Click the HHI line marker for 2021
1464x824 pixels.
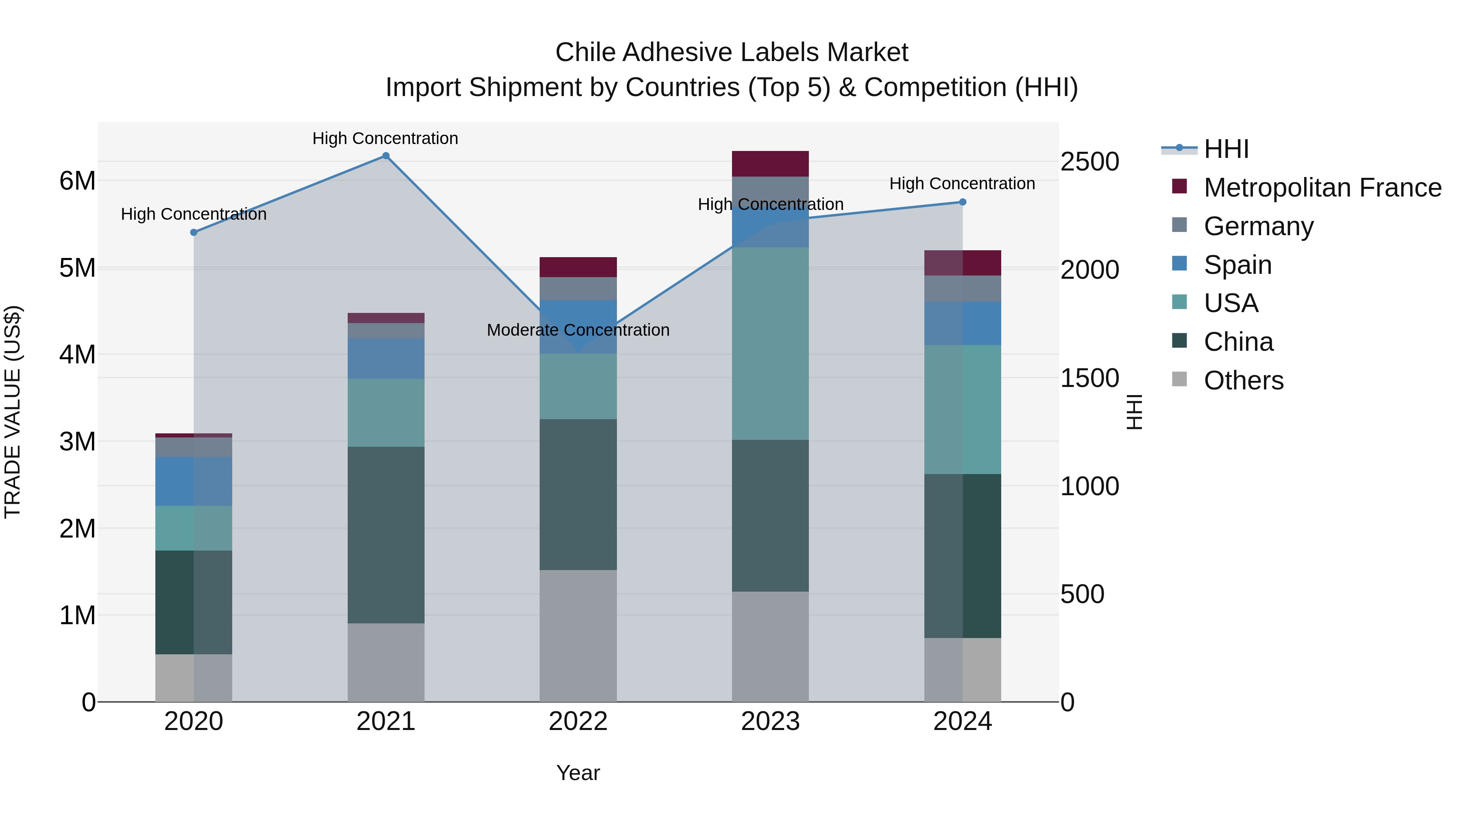tap(386, 156)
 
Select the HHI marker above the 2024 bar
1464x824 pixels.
tap(962, 202)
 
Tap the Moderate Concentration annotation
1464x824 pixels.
tap(578, 330)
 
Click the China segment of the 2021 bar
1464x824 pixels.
tap(386, 535)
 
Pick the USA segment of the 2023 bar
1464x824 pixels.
tap(770, 343)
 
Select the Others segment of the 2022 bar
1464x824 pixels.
tap(578, 635)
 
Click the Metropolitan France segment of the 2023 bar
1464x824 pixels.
tap(770, 164)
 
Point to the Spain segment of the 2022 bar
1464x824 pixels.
tap(578, 327)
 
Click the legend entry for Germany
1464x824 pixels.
tap(1258, 226)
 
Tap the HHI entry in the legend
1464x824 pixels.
tap(1226, 149)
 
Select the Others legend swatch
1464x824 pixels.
tap(1179, 379)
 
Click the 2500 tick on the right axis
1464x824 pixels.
tap(1089, 162)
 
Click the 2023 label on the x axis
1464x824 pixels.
tap(770, 721)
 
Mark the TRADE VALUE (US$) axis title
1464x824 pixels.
tap(13, 412)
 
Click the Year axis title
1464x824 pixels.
tap(578, 773)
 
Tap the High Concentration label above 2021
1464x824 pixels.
tap(386, 138)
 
